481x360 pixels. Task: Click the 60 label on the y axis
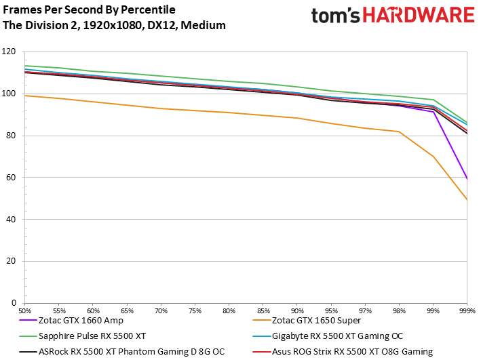pos(11,178)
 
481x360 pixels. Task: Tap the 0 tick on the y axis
pos(14,303)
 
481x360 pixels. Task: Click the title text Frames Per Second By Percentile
pos(89,10)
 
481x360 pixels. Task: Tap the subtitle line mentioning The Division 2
pos(115,25)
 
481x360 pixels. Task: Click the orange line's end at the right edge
pos(467,199)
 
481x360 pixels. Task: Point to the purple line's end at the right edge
pos(467,179)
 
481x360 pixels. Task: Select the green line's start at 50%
pos(26,66)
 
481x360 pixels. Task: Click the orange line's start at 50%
pos(26,96)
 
